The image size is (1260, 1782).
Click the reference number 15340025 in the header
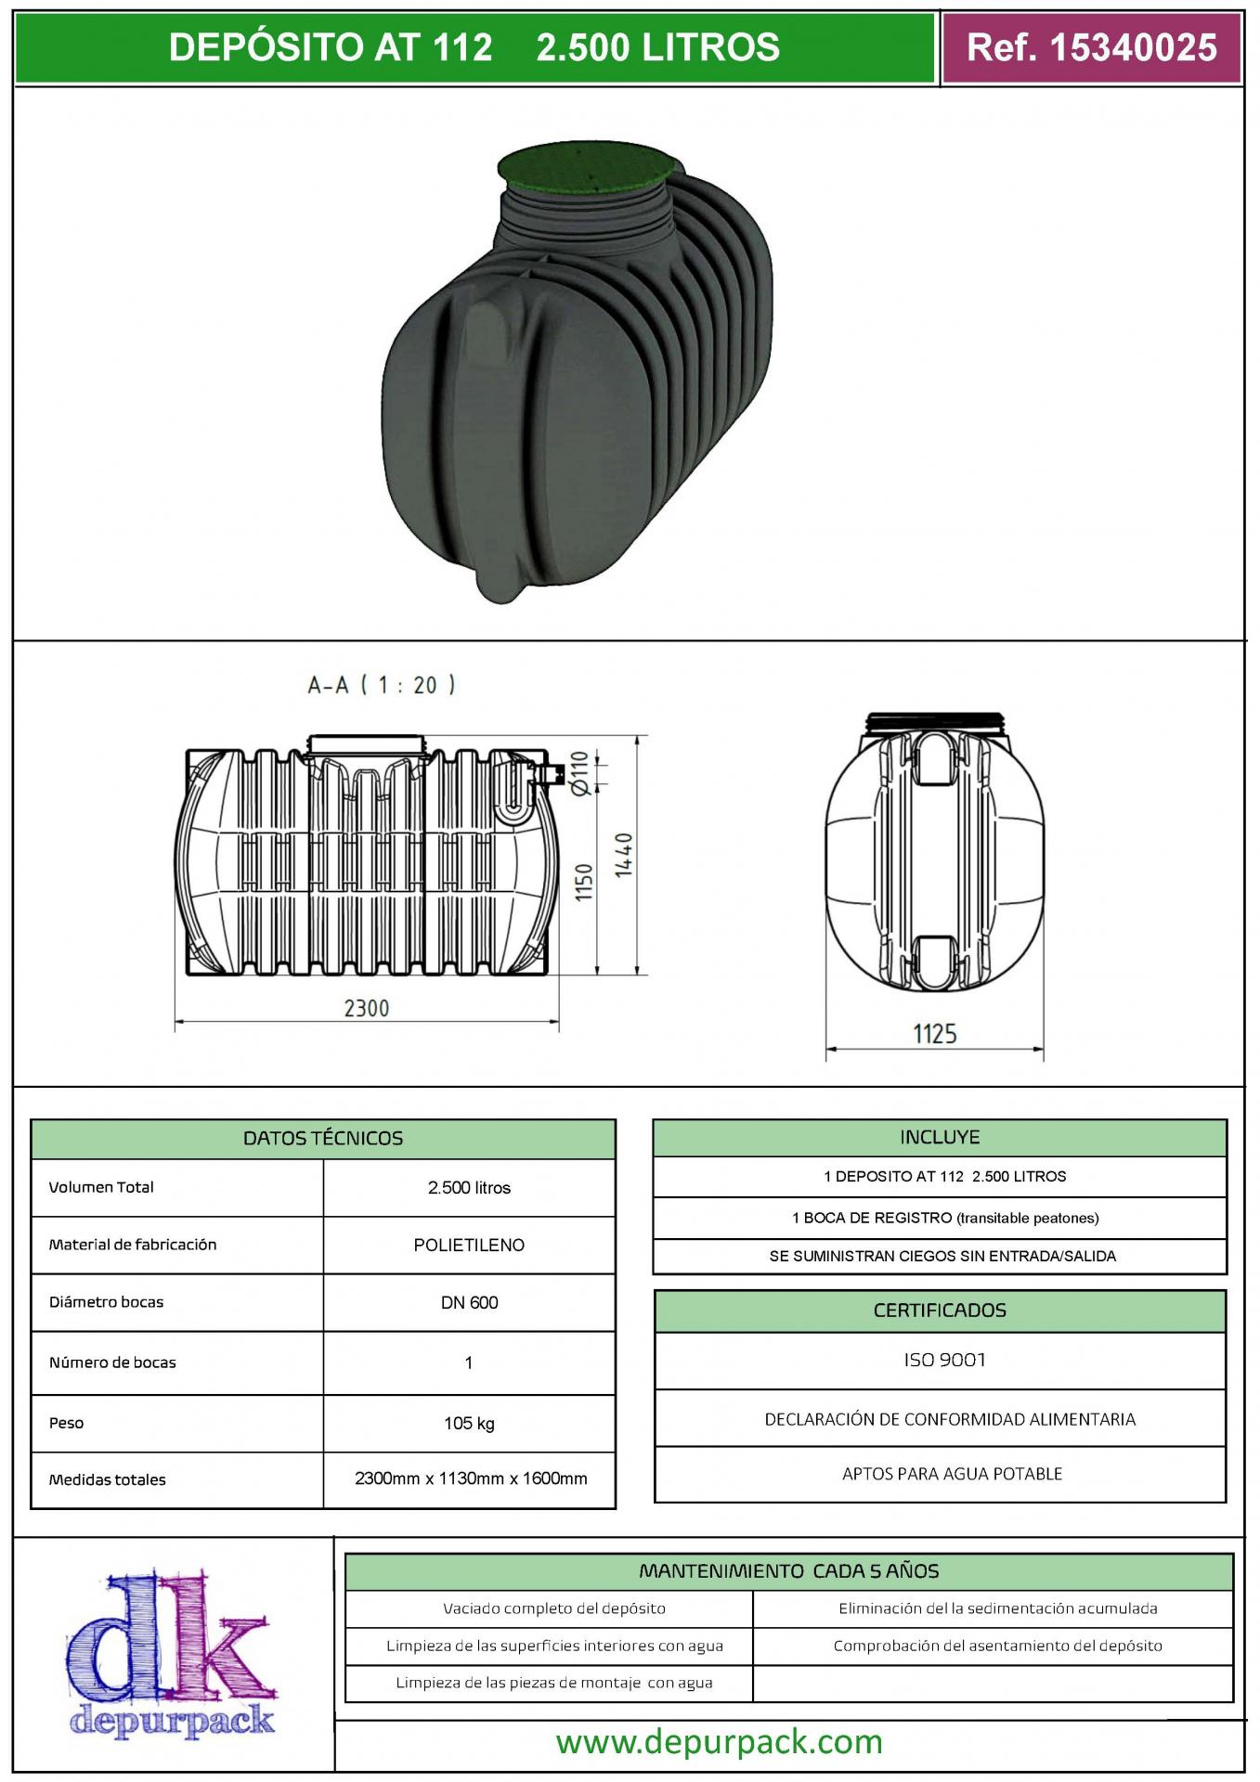[1133, 47]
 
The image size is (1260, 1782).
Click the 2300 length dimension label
[367, 1008]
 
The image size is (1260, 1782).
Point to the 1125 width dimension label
[934, 1033]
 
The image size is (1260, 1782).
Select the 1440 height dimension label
[623, 856]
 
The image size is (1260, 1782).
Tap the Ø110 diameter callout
[579, 773]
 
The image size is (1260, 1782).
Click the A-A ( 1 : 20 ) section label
[382, 685]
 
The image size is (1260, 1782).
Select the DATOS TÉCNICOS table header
[323, 1139]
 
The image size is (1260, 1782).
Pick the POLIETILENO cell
[469, 1246]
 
